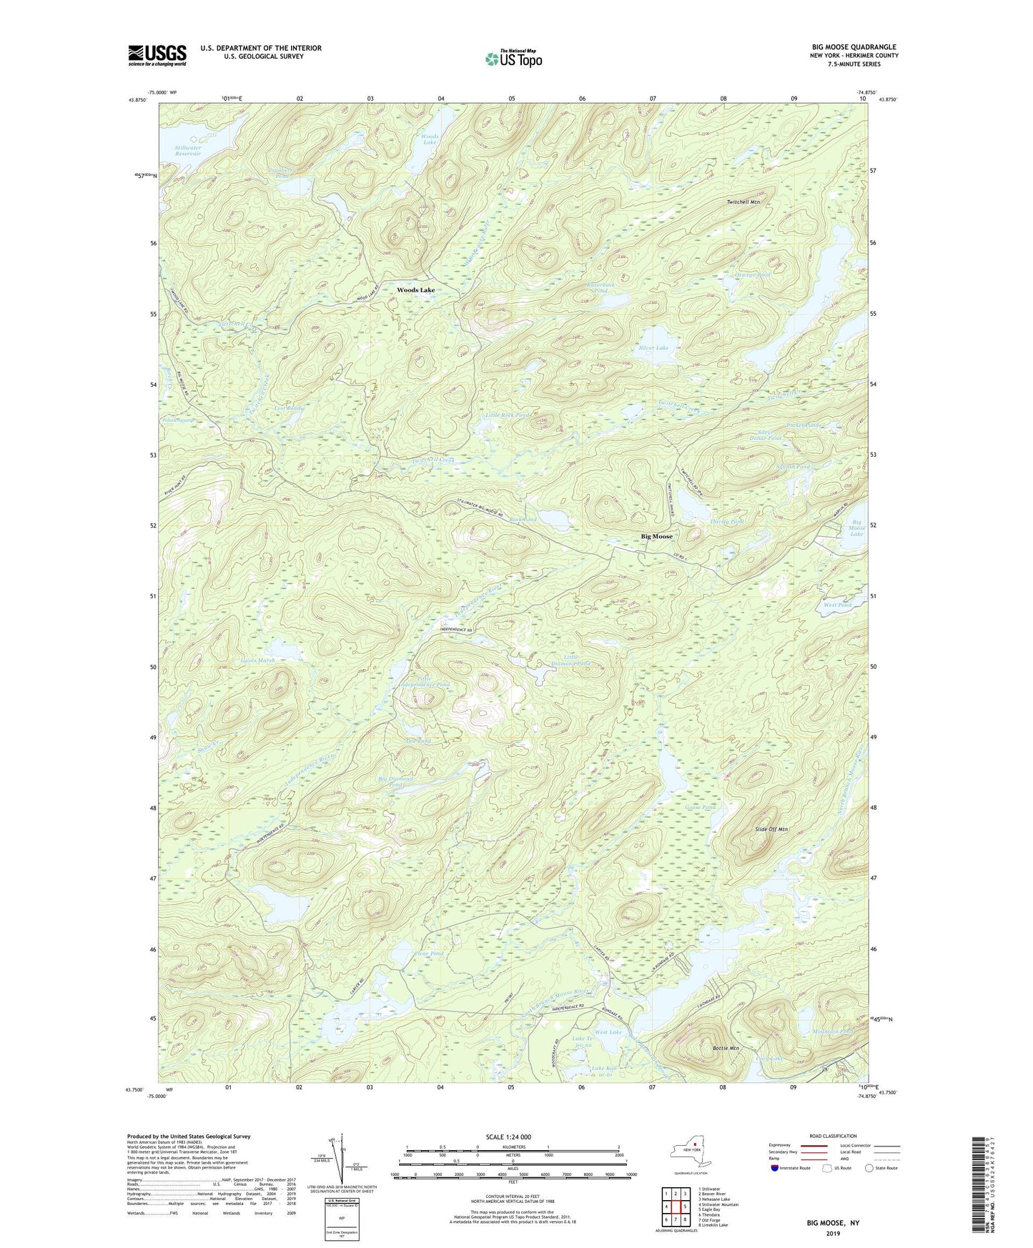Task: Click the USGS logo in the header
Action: [x=157, y=55]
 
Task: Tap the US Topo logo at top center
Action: [x=513, y=59]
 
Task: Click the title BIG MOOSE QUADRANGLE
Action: [x=854, y=47]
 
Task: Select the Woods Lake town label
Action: [x=416, y=290]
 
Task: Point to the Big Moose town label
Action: [x=656, y=536]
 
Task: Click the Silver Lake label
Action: [x=653, y=348]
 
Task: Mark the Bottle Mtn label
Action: [x=726, y=1048]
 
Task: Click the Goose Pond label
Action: [x=700, y=808]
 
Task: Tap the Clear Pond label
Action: [x=429, y=954]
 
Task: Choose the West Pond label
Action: [x=837, y=605]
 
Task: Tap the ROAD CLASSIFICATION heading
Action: [x=833, y=1136]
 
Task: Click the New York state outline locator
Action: [x=690, y=1152]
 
